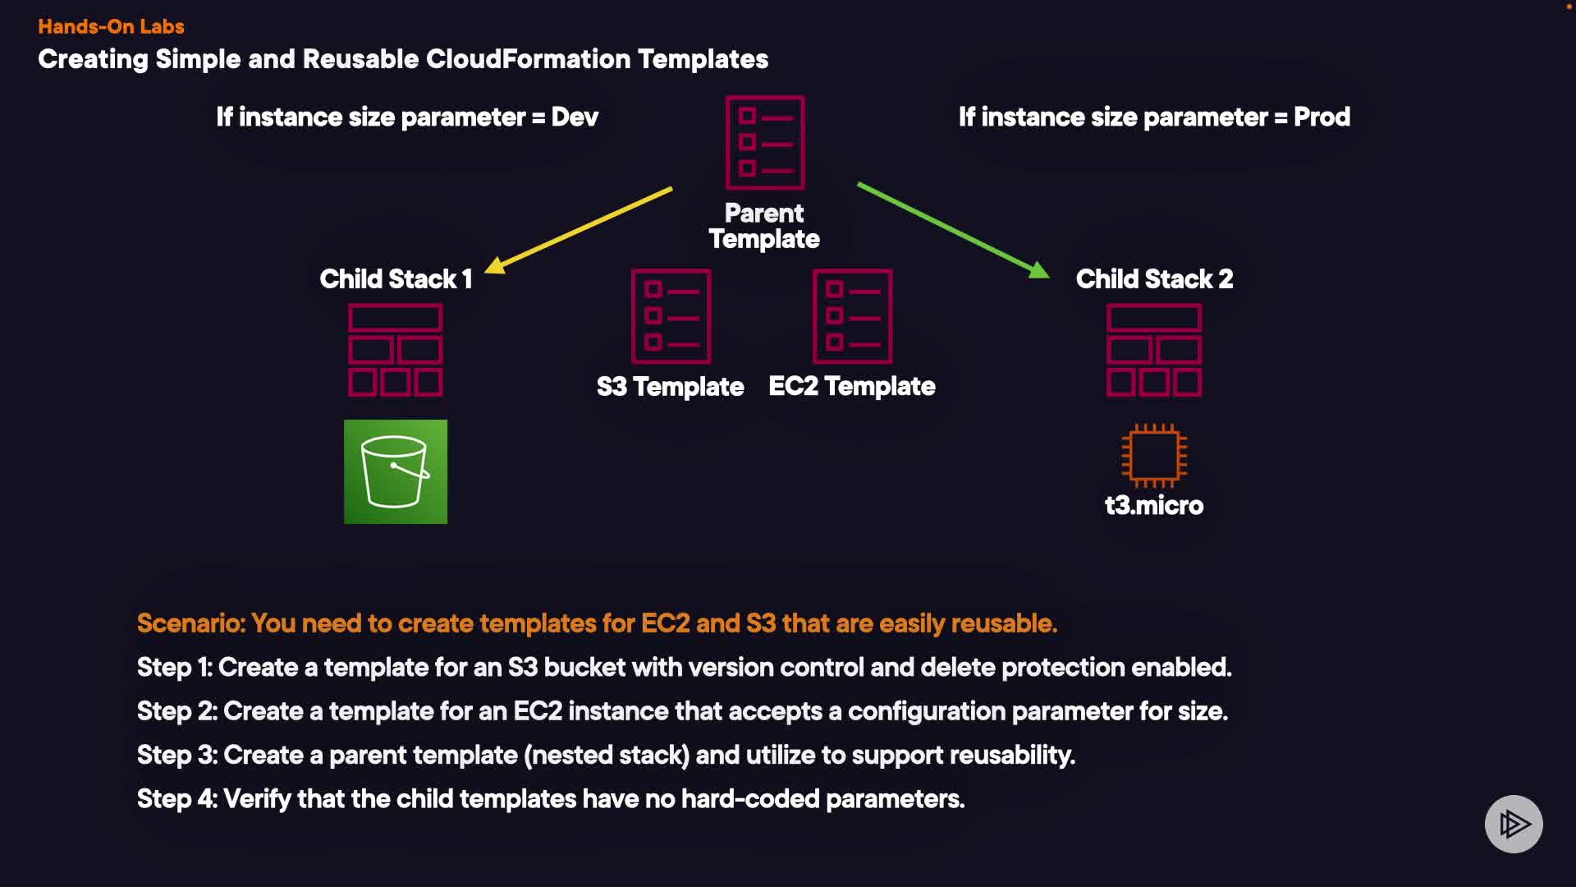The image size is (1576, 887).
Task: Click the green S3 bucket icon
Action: click(395, 471)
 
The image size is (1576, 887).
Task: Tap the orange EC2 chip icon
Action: click(1153, 455)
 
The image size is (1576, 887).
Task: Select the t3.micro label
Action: click(1153, 505)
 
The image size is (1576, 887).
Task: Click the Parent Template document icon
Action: click(764, 142)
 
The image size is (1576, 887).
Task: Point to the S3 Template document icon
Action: click(671, 316)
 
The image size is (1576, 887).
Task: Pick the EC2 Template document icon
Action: click(852, 316)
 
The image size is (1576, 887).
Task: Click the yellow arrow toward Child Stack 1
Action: click(580, 229)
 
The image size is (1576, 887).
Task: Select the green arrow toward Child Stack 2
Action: click(953, 231)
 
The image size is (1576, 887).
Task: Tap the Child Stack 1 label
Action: click(396, 279)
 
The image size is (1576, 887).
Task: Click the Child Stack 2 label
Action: click(1154, 279)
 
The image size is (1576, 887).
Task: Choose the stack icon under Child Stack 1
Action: click(395, 351)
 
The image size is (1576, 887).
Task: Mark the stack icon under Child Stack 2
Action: click(1153, 351)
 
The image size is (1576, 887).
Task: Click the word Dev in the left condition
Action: click(575, 117)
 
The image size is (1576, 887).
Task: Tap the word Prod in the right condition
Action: click(1322, 117)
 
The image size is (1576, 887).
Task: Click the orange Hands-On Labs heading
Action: click(111, 26)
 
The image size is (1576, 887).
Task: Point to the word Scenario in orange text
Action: click(190, 623)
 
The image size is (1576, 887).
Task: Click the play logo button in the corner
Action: click(1514, 824)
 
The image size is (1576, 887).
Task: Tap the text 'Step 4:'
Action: click(177, 798)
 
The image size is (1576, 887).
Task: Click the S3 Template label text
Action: click(670, 387)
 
